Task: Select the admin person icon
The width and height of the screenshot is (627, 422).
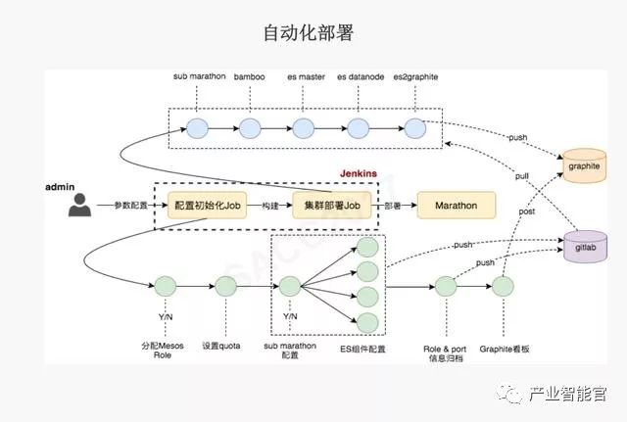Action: point(79,205)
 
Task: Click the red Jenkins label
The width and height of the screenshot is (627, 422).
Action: point(359,172)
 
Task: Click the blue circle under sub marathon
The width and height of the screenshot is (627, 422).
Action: point(199,127)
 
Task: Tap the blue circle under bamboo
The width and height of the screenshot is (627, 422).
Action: point(250,127)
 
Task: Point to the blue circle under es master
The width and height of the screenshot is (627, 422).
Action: point(304,127)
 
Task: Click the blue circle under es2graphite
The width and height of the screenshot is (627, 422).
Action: point(415,127)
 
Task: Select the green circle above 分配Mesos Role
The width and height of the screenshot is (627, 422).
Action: point(165,287)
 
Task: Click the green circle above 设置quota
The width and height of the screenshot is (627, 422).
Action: point(225,287)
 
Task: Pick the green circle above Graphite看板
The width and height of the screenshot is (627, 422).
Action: point(503,287)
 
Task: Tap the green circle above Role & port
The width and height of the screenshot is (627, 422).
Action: point(446,287)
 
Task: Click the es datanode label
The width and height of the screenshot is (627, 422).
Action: point(360,76)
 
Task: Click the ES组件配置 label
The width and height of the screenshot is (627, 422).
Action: point(360,347)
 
